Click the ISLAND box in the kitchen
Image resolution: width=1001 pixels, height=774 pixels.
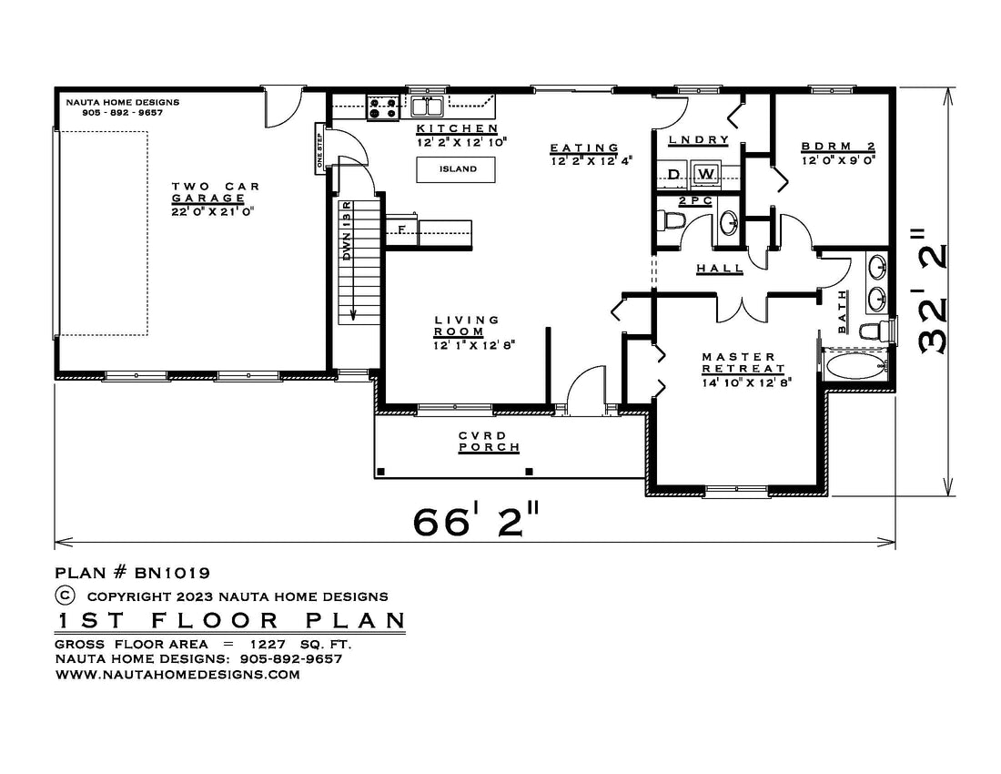click(x=456, y=169)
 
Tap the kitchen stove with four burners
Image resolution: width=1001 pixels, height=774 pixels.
click(x=383, y=107)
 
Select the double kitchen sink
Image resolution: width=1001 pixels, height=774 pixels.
click(x=427, y=106)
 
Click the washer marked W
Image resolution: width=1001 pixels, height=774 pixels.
click(x=705, y=174)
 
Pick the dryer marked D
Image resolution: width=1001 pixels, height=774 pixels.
click(x=673, y=174)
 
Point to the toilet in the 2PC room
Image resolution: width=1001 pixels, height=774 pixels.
click(x=670, y=221)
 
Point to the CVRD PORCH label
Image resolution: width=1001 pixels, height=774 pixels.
click(x=489, y=442)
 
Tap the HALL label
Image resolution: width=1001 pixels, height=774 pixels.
click(x=720, y=269)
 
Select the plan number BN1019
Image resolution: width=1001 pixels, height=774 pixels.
click(x=172, y=573)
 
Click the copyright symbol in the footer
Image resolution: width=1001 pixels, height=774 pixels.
click(x=66, y=596)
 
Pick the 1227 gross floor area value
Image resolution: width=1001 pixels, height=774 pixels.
click(x=268, y=645)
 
